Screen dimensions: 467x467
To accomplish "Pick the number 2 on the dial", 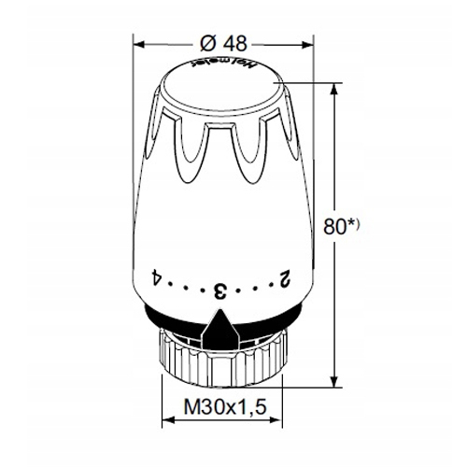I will point(284,277).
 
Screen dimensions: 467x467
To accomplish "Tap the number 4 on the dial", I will point(156,276).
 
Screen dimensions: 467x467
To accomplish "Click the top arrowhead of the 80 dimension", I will point(333,87).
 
